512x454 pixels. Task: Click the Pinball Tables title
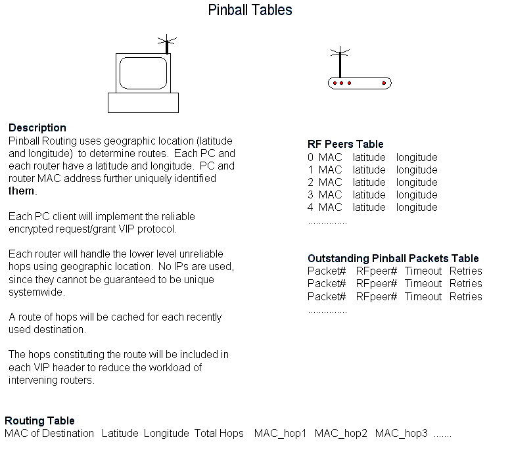point(250,10)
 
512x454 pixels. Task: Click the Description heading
point(37,127)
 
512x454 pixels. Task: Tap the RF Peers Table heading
point(345,144)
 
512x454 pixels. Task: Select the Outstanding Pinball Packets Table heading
point(393,258)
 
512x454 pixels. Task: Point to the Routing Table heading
point(39,420)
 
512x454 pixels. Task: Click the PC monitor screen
point(143,73)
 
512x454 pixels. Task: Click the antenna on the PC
point(167,44)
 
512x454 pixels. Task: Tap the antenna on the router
point(340,61)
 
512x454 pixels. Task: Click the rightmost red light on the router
point(384,83)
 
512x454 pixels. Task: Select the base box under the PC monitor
point(143,102)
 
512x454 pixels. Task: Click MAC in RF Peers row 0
point(330,157)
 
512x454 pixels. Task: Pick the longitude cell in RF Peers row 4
point(417,207)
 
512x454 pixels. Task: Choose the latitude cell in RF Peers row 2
point(369,182)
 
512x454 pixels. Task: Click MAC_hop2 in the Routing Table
point(341,433)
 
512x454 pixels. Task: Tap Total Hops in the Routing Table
point(219,433)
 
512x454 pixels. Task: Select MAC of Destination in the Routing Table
point(49,433)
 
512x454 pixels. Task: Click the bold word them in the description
point(21,191)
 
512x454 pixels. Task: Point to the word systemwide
point(37,292)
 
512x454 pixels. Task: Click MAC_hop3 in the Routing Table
point(402,433)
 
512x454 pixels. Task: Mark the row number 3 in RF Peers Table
point(310,195)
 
